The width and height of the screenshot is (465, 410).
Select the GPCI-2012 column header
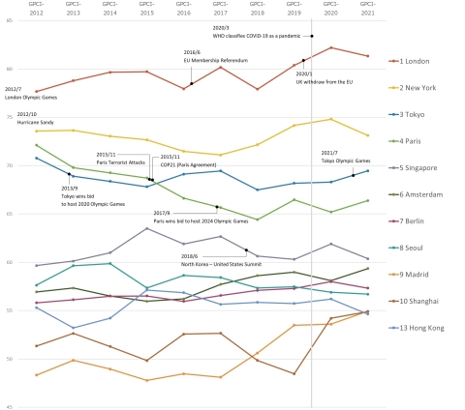click(x=36, y=9)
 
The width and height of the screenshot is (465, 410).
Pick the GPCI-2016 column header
click(x=184, y=9)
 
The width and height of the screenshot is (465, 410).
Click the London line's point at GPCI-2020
click(x=331, y=47)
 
